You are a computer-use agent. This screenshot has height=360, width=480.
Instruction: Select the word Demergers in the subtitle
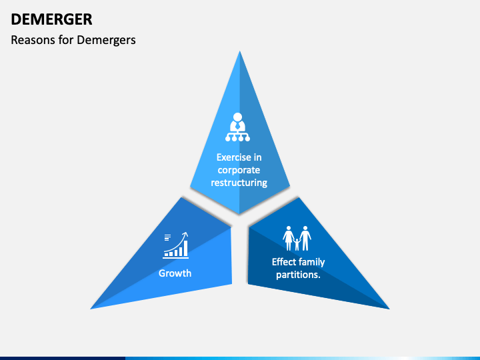[107, 40]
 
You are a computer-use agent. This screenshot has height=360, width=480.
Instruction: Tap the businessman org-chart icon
[237, 128]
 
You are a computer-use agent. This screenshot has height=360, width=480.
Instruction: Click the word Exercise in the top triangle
[234, 157]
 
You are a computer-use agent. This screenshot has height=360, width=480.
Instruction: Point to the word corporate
[239, 170]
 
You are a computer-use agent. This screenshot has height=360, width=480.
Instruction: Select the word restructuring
[239, 182]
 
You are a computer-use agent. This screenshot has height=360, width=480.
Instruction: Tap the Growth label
[175, 273]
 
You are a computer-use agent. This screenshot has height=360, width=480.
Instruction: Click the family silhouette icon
[297, 238]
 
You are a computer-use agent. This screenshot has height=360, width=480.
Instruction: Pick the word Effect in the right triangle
[285, 262]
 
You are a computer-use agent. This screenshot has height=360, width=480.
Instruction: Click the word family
[313, 262]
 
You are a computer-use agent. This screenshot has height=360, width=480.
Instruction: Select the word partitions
[299, 274]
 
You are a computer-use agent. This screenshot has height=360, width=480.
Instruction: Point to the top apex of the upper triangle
[240, 52]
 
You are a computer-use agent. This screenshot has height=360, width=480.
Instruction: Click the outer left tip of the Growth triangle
[92, 308]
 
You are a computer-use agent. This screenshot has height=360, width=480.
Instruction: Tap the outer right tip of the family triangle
[388, 308]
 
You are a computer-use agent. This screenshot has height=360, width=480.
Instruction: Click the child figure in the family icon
[297, 244]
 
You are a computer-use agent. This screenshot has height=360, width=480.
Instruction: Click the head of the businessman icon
[237, 117]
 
